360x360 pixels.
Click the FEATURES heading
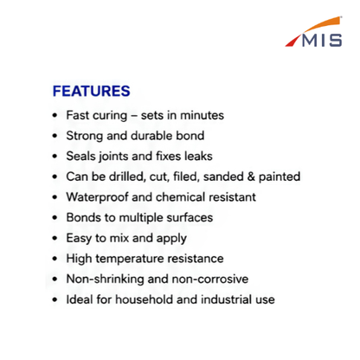(x=92, y=91)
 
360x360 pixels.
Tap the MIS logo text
(x=322, y=41)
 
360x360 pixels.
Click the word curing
(x=110, y=116)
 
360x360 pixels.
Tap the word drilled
(x=127, y=177)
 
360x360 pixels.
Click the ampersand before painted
(x=251, y=177)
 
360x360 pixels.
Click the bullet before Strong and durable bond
(x=55, y=136)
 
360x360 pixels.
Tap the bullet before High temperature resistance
(x=55, y=259)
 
